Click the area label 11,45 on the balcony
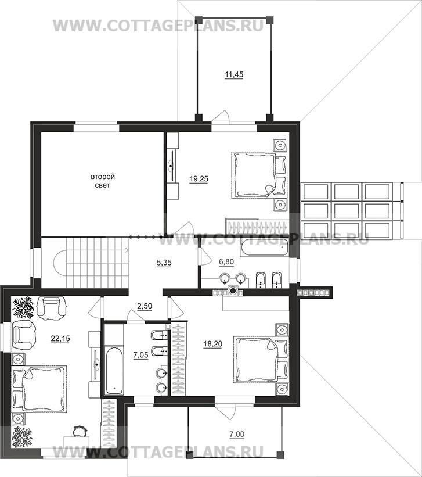pos(234,74)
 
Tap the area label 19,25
pos(199,179)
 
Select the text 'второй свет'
pos(103,181)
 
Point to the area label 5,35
pos(164,262)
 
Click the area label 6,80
pos(226,261)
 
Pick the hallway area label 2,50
pos(145,306)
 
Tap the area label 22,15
pos(60,338)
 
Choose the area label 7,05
pos(141,355)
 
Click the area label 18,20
pos(213,344)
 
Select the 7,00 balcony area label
pos(237,434)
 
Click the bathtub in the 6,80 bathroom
pos(264,248)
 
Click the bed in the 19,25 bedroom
pos(259,175)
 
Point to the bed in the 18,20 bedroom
pos(260,359)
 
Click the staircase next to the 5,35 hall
pos(90,262)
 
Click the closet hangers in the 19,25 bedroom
pos(258,227)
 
